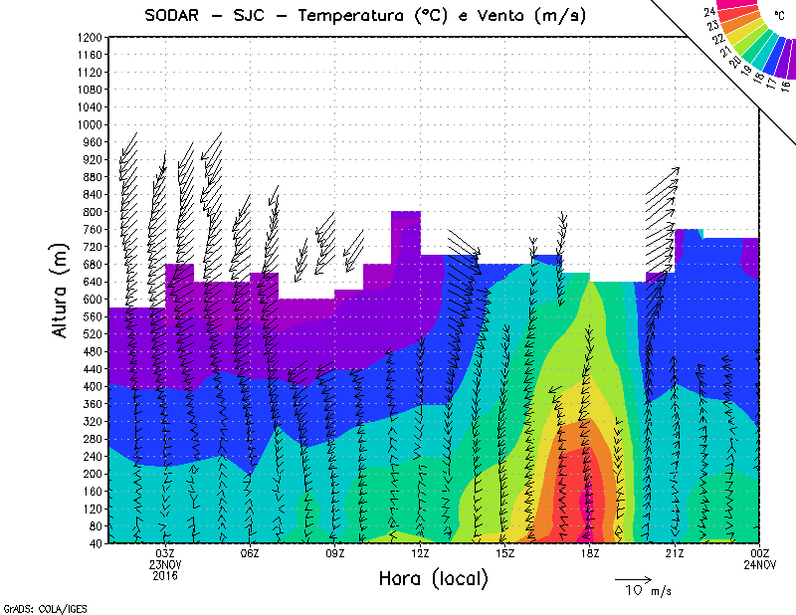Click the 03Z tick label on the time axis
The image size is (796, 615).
[x=166, y=553]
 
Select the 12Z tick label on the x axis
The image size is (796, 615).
[x=420, y=553]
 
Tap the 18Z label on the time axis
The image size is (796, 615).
[x=589, y=553]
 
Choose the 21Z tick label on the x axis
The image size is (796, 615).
[x=674, y=553]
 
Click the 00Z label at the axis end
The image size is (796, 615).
[x=759, y=553]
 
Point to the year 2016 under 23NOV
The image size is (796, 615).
[x=166, y=575]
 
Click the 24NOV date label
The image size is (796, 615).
[x=759, y=564]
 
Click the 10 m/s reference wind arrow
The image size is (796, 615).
[x=632, y=578]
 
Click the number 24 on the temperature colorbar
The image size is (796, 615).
[x=709, y=11]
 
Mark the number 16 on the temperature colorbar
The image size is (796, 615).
[x=785, y=86]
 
